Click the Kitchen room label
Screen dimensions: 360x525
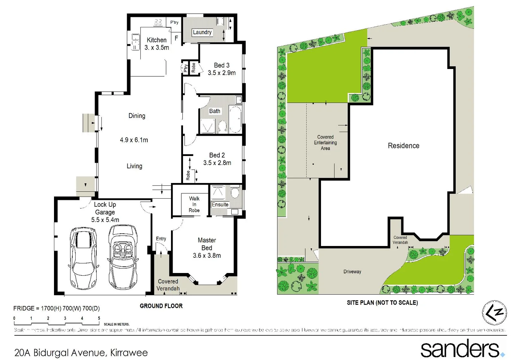click(156, 40)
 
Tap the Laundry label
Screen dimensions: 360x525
click(202, 32)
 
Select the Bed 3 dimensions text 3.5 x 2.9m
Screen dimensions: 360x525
click(222, 73)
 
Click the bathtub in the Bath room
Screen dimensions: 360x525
click(235, 119)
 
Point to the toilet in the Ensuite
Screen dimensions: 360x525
click(235, 193)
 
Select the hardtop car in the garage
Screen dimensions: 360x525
click(84, 258)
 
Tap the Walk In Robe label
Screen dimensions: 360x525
click(194, 204)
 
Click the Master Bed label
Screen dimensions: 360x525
click(207, 244)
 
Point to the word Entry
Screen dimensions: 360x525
click(161, 239)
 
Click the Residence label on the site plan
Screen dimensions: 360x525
click(403, 146)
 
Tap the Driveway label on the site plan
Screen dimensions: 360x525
click(352, 272)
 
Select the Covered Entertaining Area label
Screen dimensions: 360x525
click(325, 143)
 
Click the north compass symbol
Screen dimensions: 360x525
click(494, 313)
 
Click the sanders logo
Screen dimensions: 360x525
click(462, 349)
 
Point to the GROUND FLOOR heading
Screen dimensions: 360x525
click(161, 306)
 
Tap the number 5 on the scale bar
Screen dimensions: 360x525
click(99, 318)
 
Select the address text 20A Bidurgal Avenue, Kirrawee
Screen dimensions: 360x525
click(81, 353)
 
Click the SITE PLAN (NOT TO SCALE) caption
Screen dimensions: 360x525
click(382, 303)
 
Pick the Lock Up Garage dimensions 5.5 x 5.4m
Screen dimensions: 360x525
click(105, 220)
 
